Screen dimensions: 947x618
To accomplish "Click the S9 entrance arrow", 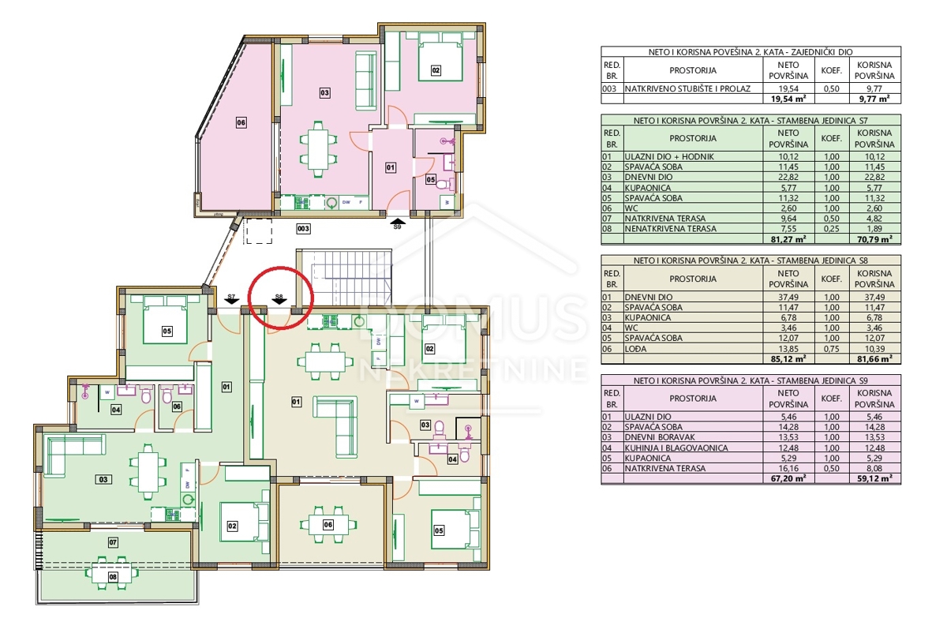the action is [x=398, y=221].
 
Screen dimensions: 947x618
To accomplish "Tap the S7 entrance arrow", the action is [x=231, y=301].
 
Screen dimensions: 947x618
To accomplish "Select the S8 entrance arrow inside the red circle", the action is [x=279, y=301].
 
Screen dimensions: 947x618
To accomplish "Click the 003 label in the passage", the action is [x=303, y=229].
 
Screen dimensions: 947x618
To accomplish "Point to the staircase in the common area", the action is [x=346, y=277].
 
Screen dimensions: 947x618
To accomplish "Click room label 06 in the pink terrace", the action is [x=241, y=123].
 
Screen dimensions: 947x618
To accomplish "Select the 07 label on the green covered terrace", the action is [x=113, y=542].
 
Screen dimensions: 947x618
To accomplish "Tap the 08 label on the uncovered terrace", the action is [x=113, y=577].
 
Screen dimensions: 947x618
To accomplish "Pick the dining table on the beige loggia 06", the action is [x=328, y=525].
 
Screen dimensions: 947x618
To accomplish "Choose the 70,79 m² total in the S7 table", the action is [x=874, y=239].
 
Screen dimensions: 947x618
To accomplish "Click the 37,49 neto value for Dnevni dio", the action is [x=788, y=298].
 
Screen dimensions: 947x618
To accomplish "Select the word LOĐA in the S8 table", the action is [x=636, y=349].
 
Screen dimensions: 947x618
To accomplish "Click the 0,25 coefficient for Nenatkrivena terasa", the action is [x=832, y=229].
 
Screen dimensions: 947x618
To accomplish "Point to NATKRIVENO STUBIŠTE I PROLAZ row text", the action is [x=688, y=88].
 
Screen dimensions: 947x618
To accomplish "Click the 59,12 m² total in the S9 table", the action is [x=874, y=478].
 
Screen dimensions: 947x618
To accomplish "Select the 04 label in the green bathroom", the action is [x=116, y=409].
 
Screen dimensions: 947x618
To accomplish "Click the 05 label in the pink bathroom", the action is [x=430, y=180].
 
